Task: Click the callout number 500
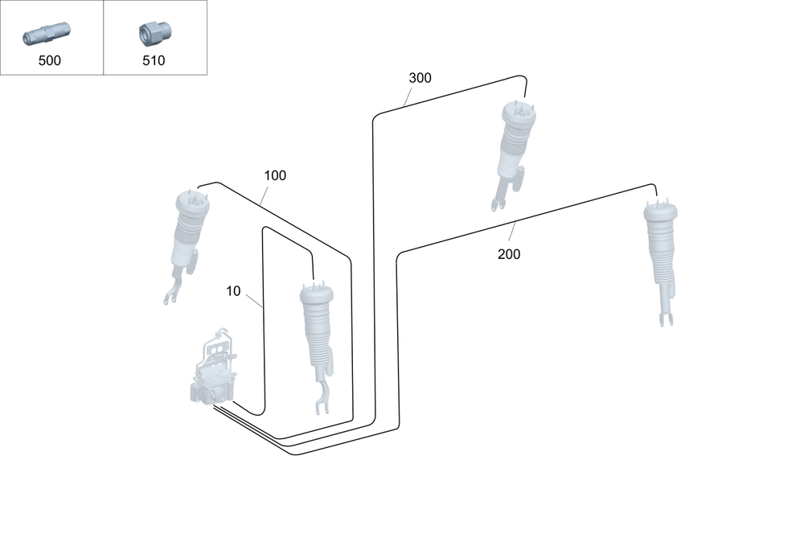(50, 60)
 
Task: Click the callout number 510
(153, 60)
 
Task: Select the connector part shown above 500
(47, 34)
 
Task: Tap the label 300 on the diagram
(420, 78)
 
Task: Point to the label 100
(275, 175)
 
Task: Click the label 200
(509, 254)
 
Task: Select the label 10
(233, 291)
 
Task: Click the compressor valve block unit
(213, 370)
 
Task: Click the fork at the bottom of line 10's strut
(322, 400)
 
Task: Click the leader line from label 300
(408, 98)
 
